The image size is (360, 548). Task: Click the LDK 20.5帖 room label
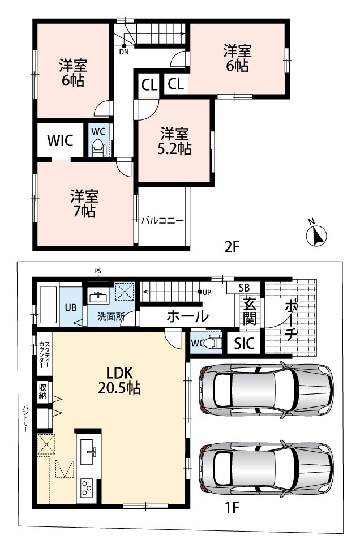click(x=119, y=380)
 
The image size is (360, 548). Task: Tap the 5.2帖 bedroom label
click(x=175, y=141)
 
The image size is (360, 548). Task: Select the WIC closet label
click(x=61, y=140)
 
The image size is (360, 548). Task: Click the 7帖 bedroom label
click(x=84, y=203)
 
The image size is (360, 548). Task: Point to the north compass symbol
click(x=316, y=234)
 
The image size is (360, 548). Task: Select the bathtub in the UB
click(x=49, y=305)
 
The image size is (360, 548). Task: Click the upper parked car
click(x=266, y=389)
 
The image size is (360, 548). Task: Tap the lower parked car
click(x=266, y=469)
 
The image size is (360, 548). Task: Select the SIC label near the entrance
click(x=244, y=344)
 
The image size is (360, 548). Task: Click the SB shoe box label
click(x=245, y=288)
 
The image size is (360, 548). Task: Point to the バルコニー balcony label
click(x=162, y=220)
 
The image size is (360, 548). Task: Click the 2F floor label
click(x=232, y=247)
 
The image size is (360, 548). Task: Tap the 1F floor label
click(x=232, y=507)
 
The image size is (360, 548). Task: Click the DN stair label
click(x=124, y=53)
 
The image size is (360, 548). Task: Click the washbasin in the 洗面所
click(x=98, y=297)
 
